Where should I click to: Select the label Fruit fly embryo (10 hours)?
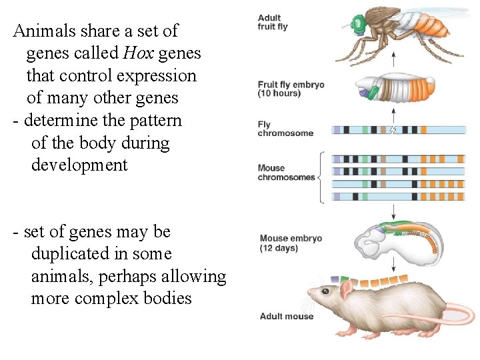click(291, 89)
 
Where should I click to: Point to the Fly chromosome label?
click(285, 129)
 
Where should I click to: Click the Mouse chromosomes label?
click(286, 173)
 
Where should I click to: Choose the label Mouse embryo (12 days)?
click(291, 243)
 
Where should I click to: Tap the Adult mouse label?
click(286, 316)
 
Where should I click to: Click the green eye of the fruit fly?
click(359, 25)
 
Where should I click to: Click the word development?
click(79, 165)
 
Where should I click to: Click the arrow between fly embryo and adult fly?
click(394, 61)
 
